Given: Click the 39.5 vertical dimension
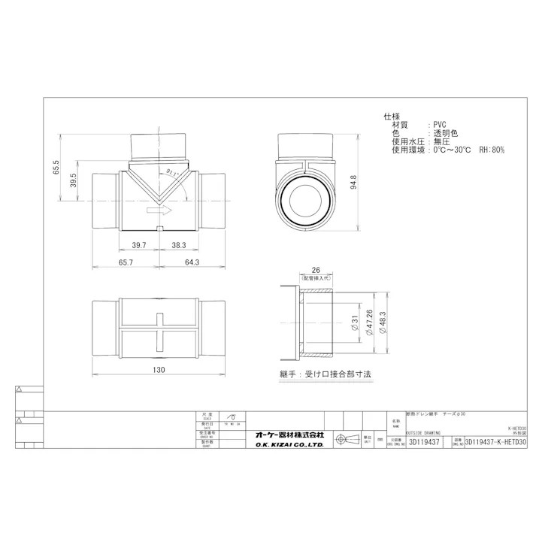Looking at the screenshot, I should [x=73, y=182].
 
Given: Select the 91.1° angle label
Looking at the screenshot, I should [x=173, y=173].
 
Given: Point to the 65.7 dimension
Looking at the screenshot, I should [x=126, y=262].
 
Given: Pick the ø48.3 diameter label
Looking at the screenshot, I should [x=382, y=321].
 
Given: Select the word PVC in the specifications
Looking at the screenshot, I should [x=441, y=125].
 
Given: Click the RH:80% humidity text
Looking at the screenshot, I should [x=492, y=150].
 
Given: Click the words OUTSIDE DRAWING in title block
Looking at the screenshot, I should [x=423, y=433].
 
